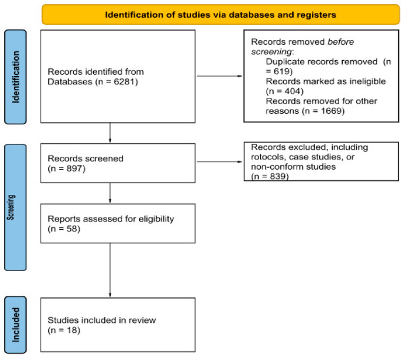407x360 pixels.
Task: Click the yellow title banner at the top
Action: (x=221, y=15)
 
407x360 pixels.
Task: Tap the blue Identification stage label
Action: (x=15, y=77)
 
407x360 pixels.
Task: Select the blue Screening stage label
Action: (x=15, y=207)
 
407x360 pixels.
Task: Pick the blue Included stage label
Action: (x=15, y=325)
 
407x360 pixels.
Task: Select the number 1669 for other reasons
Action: (x=331, y=111)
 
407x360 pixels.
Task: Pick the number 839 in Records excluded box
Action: (x=278, y=176)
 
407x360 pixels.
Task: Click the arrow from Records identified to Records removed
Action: (x=219, y=76)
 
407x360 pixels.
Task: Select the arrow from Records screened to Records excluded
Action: (x=219, y=161)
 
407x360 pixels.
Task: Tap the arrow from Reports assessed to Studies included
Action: (x=110, y=270)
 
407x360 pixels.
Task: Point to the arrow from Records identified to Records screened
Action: (x=110, y=133)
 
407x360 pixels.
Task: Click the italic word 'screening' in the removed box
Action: (x=271, y=52)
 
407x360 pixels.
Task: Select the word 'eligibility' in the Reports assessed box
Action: (x=156, y=219)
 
